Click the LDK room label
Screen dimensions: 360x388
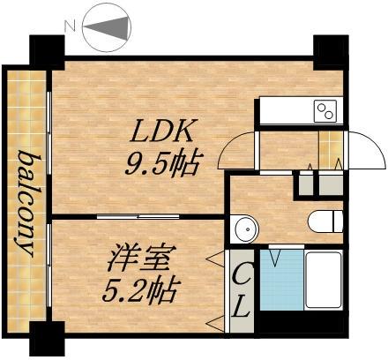pyautogui.click(x=163, y=133)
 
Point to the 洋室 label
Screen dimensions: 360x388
pyautogui.click(x=135, y=261)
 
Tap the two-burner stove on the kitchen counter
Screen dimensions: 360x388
pyautogui.click(x=325, y=110)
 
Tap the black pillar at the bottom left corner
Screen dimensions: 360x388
pyautogui.click(x=47, y=339)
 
